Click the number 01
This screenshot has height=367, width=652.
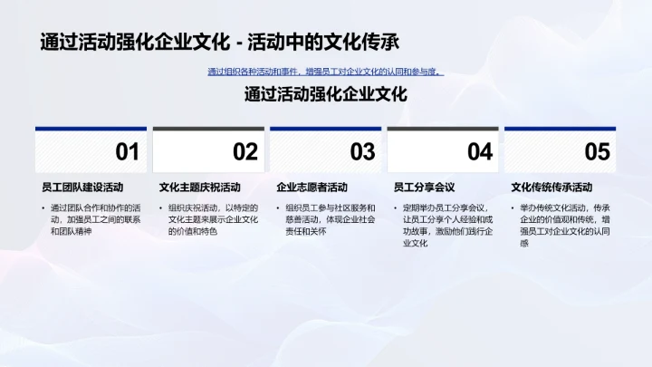pyautogui.click(x=128, y=152)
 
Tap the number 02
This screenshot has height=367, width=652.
pyautogui.click(x=245, y=152)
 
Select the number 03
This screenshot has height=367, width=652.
pyautogui.click(x=362, y=152)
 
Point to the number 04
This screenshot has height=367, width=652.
pyautogui.click(x=480, y=152)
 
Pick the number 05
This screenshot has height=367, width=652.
pyautogui.click(x=598, y=152)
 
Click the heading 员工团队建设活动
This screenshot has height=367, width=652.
pyautogui.click(x=82, y=188)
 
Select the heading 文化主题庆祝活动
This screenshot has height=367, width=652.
pyautogui.click(x=200, y=188)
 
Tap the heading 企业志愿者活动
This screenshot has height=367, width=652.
pyautogui.click(x=312, y=188)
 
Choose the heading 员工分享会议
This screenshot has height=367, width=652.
pyautogui.click(x=424, y=188)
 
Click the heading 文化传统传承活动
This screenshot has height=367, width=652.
pyautogui.click(x=551, y=188)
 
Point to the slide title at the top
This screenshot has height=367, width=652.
pyautogui.click(x=220, y=42)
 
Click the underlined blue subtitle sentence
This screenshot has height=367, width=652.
pyautogui.click(x=325, y=72)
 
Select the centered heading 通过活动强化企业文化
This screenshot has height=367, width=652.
pyautogui.click(x=325, y=94)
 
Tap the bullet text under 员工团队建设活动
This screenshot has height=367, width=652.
pyautogui.click(x=94, y=220)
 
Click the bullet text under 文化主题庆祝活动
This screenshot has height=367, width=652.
pyautogui.click(x=213, y=220)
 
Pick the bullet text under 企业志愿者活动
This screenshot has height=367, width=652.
pyautogui.click(x=330, y=220)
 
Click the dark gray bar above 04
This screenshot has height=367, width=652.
pyautogui.click(x=443, y=130)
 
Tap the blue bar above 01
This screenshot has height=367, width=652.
pyautogui.click(x=91, y=130)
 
